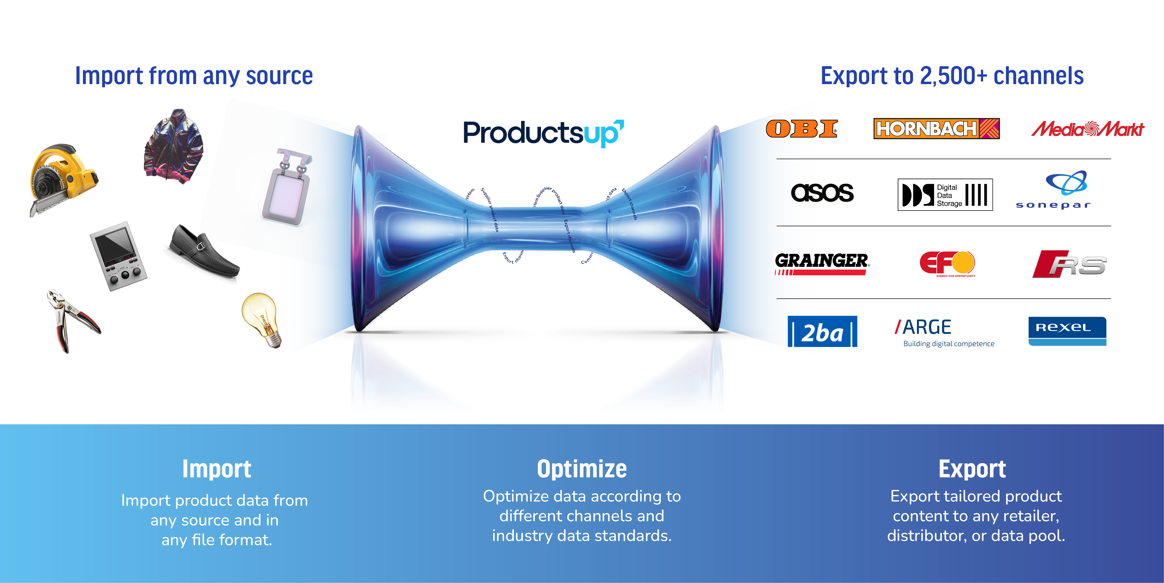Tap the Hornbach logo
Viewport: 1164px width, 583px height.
936,129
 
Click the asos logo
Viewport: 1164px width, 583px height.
822,193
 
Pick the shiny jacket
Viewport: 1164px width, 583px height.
174,145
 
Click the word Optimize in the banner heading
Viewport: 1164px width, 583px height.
581,469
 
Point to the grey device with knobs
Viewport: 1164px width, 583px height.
118,255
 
